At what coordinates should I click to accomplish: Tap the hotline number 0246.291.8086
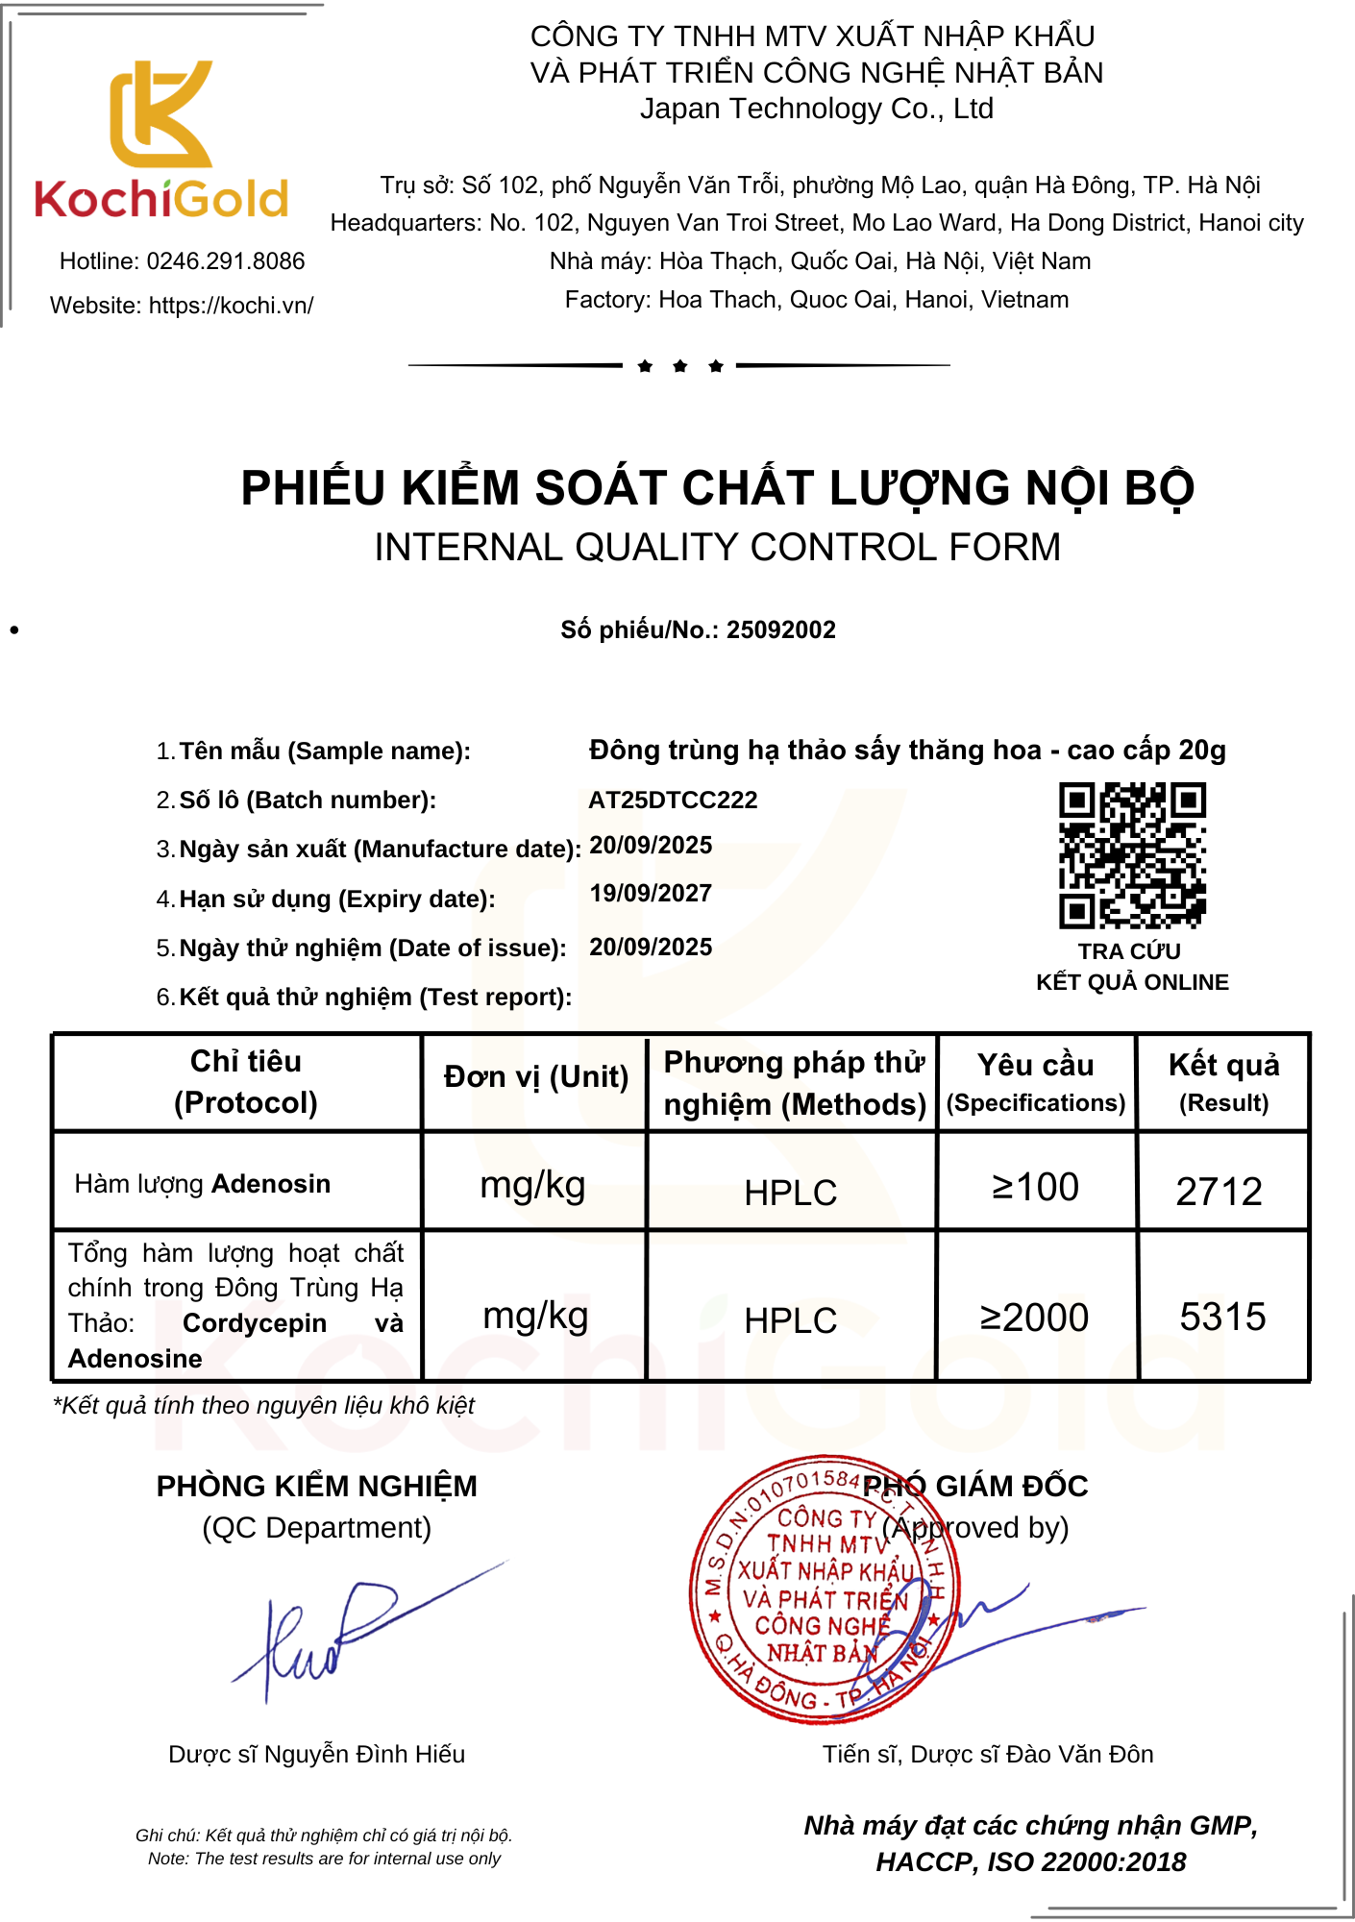tap(225, 261)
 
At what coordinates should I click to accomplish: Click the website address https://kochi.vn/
tap(231, 306)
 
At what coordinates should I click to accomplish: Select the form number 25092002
tap(780, 630)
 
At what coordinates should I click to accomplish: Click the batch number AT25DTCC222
tap(673, 801)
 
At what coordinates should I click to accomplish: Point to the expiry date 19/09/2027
tap(651, 894)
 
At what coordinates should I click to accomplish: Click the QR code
tap(1132, 855)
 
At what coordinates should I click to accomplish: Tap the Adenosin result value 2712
tap(1219, 1192)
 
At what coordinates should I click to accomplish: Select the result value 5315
tap(1222, 1317)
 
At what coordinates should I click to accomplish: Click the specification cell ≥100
tap(1035, 1188)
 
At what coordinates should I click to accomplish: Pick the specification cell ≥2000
tap(1034, 1318)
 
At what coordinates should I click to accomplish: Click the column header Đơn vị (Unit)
tap(535, 1077)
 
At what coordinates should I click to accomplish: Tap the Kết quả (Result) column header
tap(1223, 1082)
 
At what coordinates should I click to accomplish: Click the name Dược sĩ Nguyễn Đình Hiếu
tap(316, 1755)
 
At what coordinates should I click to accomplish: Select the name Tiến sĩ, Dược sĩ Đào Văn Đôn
tap(987, 1755)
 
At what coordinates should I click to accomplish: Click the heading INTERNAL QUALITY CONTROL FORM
tap(717, 548)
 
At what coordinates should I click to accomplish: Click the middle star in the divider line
tap(680, 366)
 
